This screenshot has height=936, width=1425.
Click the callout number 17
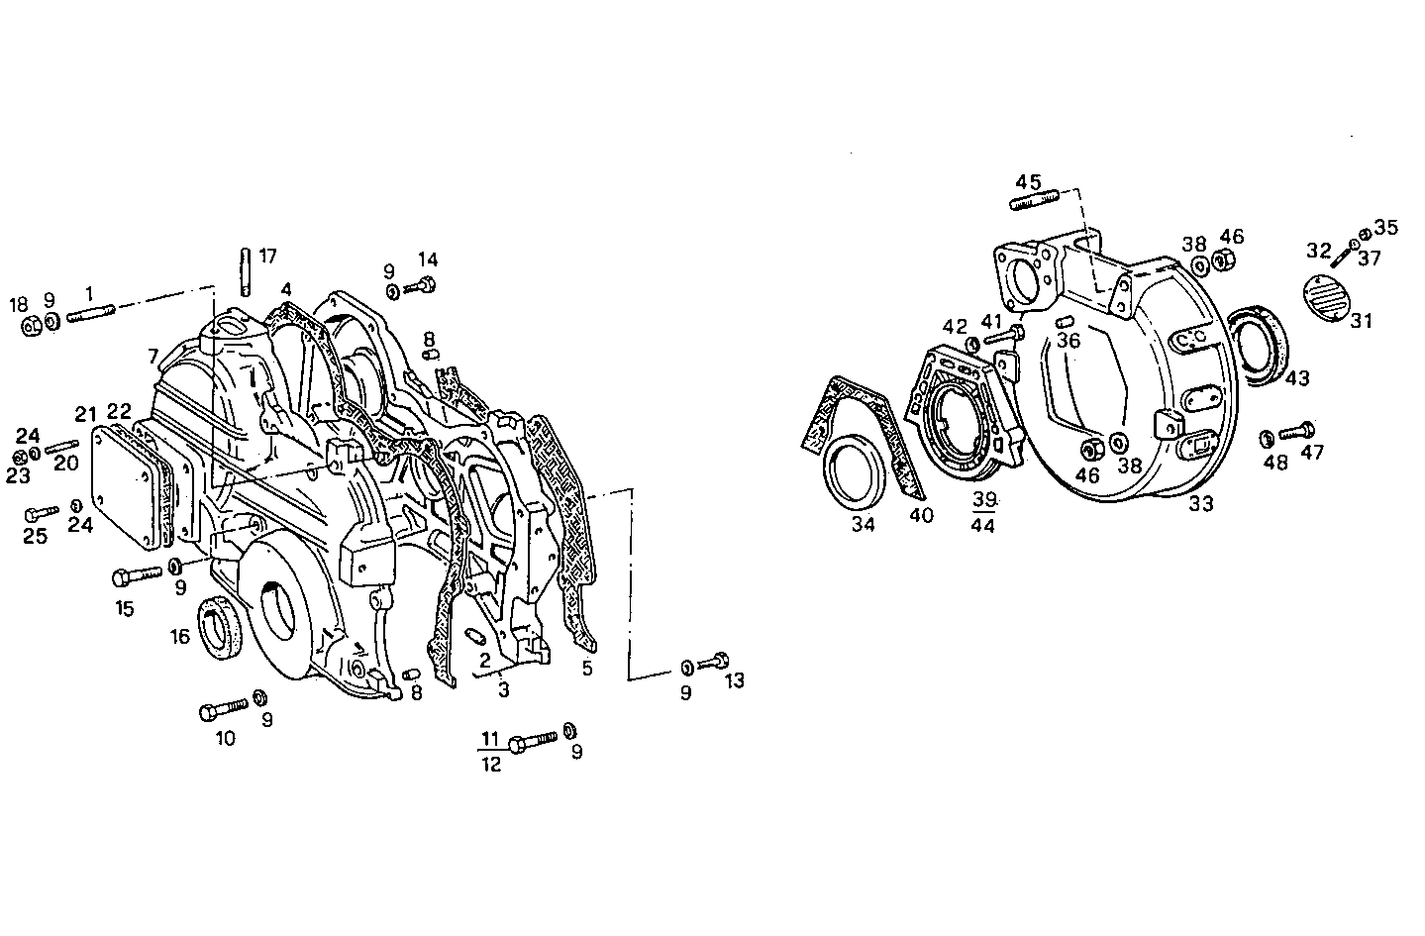(267, 256)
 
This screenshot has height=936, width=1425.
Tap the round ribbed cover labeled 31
(1325, 295)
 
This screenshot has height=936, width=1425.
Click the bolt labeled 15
(138, 574)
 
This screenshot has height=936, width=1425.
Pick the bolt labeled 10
(224, 709)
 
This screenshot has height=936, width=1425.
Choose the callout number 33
(1200, 504)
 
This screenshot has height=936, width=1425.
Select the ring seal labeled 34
(855, 475)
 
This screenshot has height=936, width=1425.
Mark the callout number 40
(921, 515)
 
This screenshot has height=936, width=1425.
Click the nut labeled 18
(31, 323)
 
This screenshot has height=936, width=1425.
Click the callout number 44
(982, 525)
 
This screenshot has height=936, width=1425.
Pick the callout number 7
(153, 355)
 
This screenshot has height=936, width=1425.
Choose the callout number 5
(587, 669)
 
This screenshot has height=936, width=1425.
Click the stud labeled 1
(91, 313)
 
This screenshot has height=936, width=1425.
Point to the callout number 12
(491, 764)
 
